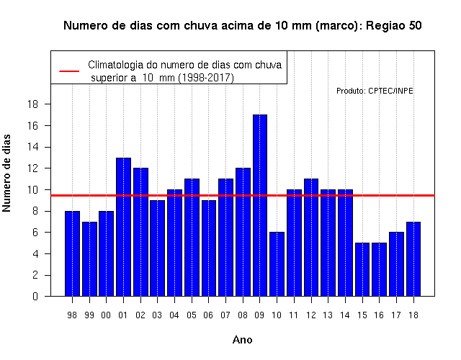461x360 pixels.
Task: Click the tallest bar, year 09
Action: coord(260,205)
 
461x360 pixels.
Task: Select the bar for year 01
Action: coord(123,227)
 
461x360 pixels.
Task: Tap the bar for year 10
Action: coord(277,264)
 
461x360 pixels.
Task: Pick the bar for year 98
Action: coord(72,253)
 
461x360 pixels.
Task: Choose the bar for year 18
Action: coord(413,259)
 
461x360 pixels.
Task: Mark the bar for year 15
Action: coord(362,269)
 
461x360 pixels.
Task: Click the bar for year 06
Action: coord(209,248)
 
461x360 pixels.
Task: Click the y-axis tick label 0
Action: coord(35,296)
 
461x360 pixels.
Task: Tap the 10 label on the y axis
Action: coord(32,190)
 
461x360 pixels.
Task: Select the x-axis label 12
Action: coord(310,315)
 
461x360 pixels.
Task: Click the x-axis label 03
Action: coord(157,315)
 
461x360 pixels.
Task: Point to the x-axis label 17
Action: coord(396,315)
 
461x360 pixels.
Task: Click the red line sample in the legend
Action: coord(69,71)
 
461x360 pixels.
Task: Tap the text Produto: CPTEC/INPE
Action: coord(375,91)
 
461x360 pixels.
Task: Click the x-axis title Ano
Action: coord(242,340)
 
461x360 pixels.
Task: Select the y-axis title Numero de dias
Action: coord(6,173)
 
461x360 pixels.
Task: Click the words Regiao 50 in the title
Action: coord(394,26)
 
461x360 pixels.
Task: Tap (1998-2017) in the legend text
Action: coord(206,78)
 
